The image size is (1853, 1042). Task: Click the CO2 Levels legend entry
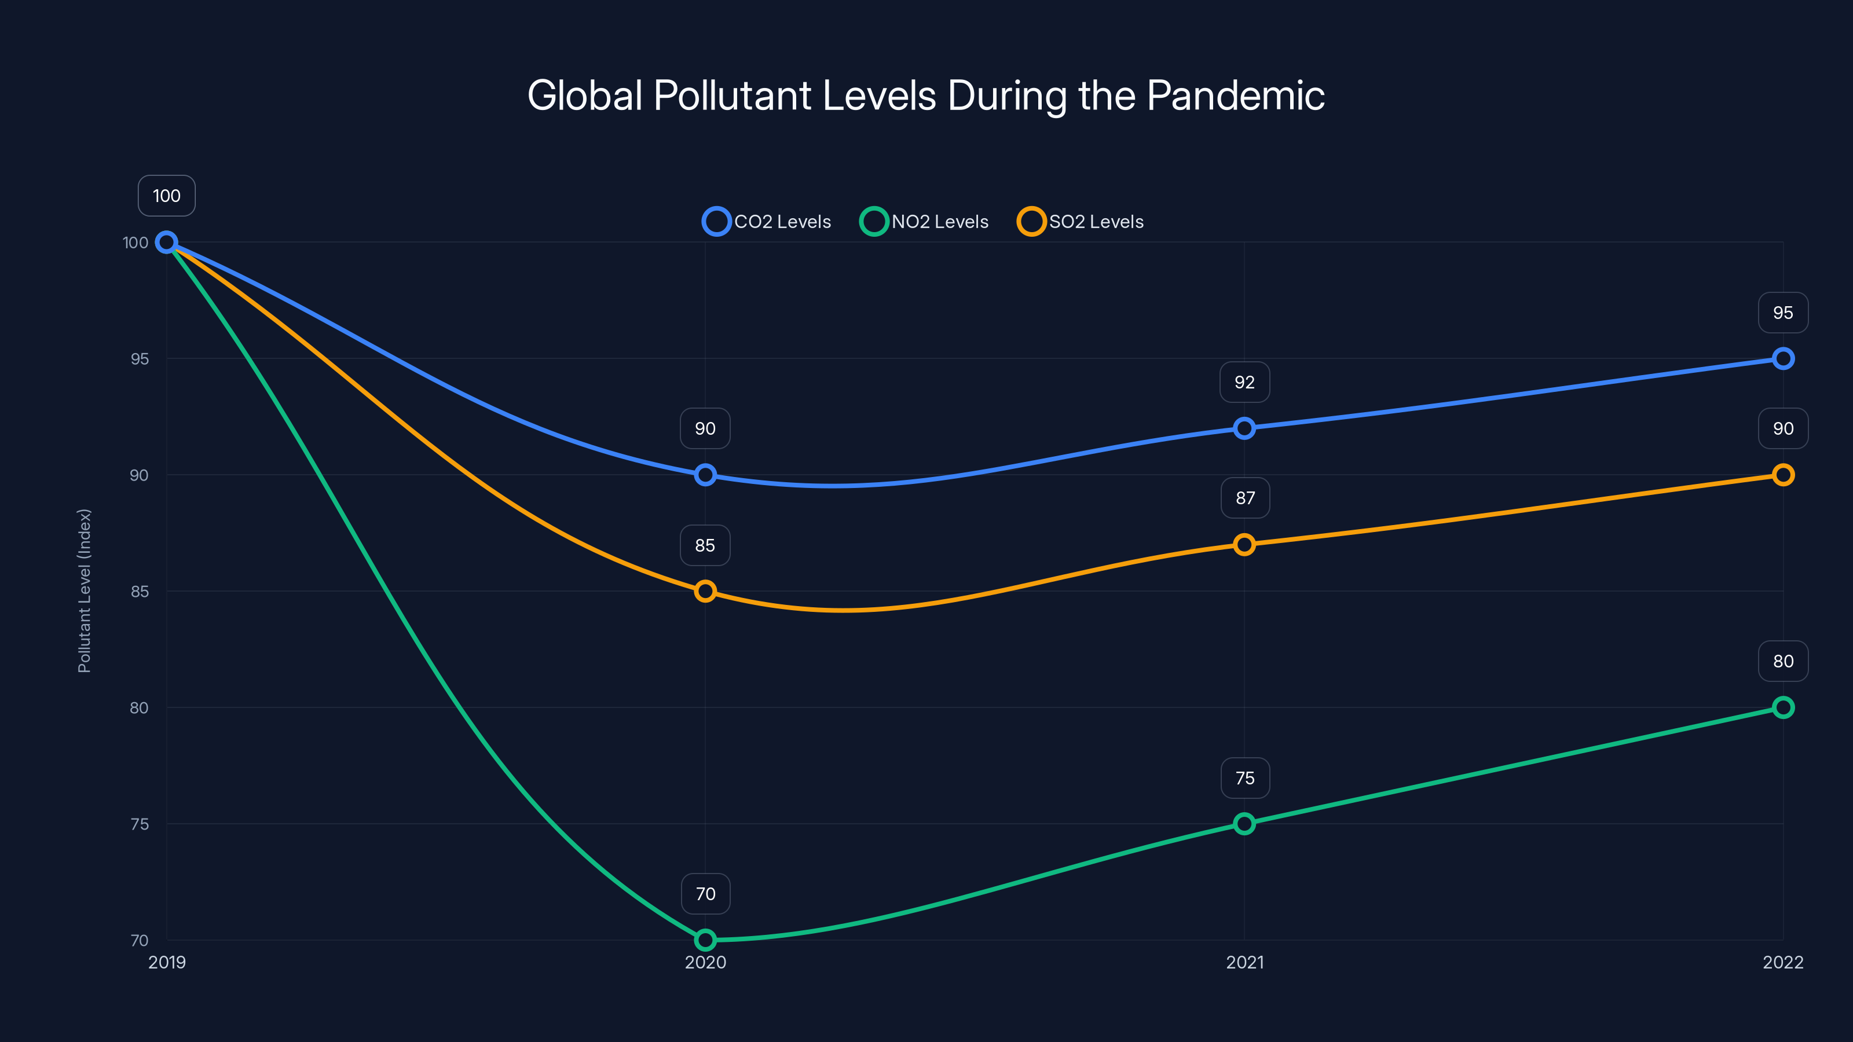(767, 222)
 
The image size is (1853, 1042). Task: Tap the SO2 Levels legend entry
(1081, 222)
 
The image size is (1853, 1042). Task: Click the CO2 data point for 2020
(705, 475)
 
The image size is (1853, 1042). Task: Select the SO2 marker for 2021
(1244, 544)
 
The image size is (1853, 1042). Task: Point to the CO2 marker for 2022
(1782, 358)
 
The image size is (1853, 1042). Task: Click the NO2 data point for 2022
(1782, 707)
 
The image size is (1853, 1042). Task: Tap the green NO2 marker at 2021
(1244, 823)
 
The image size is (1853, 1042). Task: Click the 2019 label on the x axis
(167, 962)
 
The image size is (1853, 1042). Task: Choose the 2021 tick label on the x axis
(1244, 962)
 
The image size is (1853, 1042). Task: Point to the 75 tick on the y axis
(140, 824)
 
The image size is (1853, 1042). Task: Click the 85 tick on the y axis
(140, 591)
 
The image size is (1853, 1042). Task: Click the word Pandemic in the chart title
(1235, 96)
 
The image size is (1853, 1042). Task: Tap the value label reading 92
(1244, 382)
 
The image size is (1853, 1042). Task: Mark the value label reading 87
(1245, 498)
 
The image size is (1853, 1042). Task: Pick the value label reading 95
(1782, 313)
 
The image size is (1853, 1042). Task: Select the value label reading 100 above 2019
(166, 196)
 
